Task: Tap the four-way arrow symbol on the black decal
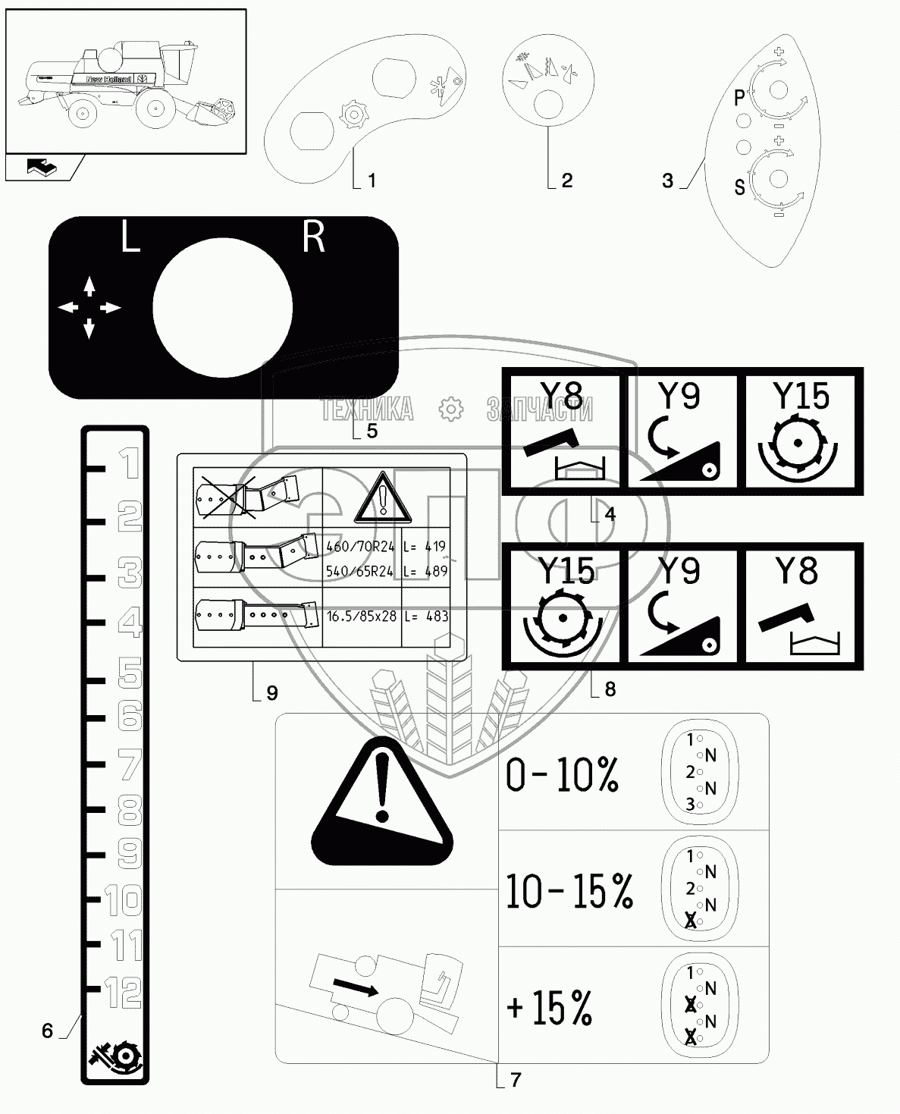[x=89, y=307]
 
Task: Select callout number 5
[x=372, y=431]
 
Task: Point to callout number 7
[x=516, y=1079]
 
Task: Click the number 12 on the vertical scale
[x=122, y=991]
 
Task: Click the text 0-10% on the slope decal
[x=562, y=775]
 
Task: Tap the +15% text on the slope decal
[x=550, y=1008]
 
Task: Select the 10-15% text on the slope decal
[x=569, y=891]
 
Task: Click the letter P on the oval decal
[x=740, y=98]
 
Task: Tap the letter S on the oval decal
[x=740, y=187]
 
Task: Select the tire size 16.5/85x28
[x=361, y=616]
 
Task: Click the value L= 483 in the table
[x=426, y=616]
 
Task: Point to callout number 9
[x=272, y=692]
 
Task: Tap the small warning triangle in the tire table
[x=385, y=497]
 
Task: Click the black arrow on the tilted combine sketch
[x=356, y=987]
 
